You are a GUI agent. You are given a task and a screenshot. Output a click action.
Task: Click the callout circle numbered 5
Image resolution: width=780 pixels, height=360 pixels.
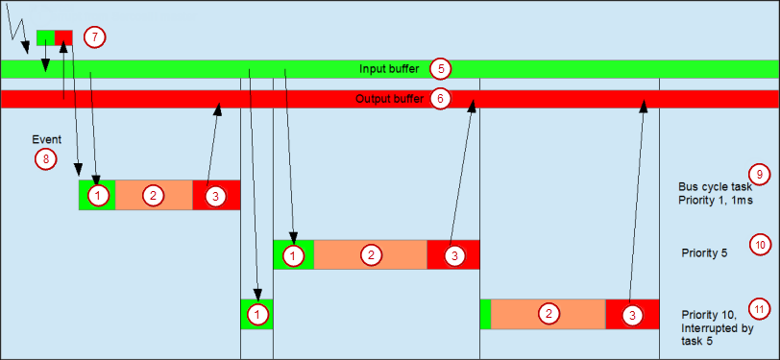[x=440, y=68]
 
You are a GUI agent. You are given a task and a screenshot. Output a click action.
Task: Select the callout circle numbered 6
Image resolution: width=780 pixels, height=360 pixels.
[x=440, y=98]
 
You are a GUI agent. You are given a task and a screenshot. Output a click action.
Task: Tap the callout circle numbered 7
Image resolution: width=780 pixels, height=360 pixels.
[x=93, y=37]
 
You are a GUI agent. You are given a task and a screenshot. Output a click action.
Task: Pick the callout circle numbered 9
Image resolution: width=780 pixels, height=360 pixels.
[x=759, y=174]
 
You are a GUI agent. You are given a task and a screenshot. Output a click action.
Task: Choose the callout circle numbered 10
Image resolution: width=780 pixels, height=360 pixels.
[x=759, y=245]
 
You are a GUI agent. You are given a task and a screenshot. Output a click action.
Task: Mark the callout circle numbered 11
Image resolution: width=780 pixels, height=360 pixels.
[x=759, y=309]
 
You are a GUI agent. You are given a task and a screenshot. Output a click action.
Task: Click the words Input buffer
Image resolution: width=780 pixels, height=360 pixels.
[x=388, y=69]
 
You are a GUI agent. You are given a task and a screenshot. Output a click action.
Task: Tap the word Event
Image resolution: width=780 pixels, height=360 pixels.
[x=46, y=139]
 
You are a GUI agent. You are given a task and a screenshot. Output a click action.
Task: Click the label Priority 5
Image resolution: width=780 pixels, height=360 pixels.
[x=704, y=254]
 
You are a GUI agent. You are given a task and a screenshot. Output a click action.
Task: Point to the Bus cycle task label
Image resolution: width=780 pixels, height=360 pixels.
[x=715, y=187]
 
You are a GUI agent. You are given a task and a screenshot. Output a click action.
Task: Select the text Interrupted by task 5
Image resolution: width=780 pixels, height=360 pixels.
[x=717, y=328]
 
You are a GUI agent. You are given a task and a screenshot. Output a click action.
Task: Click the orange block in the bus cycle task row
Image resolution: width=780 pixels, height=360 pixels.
[x=154, y=195]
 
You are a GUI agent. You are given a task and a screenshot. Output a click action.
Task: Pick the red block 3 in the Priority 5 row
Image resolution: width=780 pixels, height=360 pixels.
[x=453, y=254]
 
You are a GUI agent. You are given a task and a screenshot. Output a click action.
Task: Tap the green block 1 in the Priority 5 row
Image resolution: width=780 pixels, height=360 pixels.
[x=293, y=254]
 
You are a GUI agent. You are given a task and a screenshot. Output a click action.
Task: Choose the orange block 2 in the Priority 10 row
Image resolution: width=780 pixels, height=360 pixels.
[x=548, y=314]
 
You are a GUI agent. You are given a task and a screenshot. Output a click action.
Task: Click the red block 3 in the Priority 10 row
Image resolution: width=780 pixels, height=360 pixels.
[x=632, y=314]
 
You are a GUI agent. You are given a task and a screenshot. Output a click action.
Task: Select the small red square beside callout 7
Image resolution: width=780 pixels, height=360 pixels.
[x=63, y=37]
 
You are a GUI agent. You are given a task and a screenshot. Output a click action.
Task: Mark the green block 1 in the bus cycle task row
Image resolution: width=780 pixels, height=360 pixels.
[x=97, y=195]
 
